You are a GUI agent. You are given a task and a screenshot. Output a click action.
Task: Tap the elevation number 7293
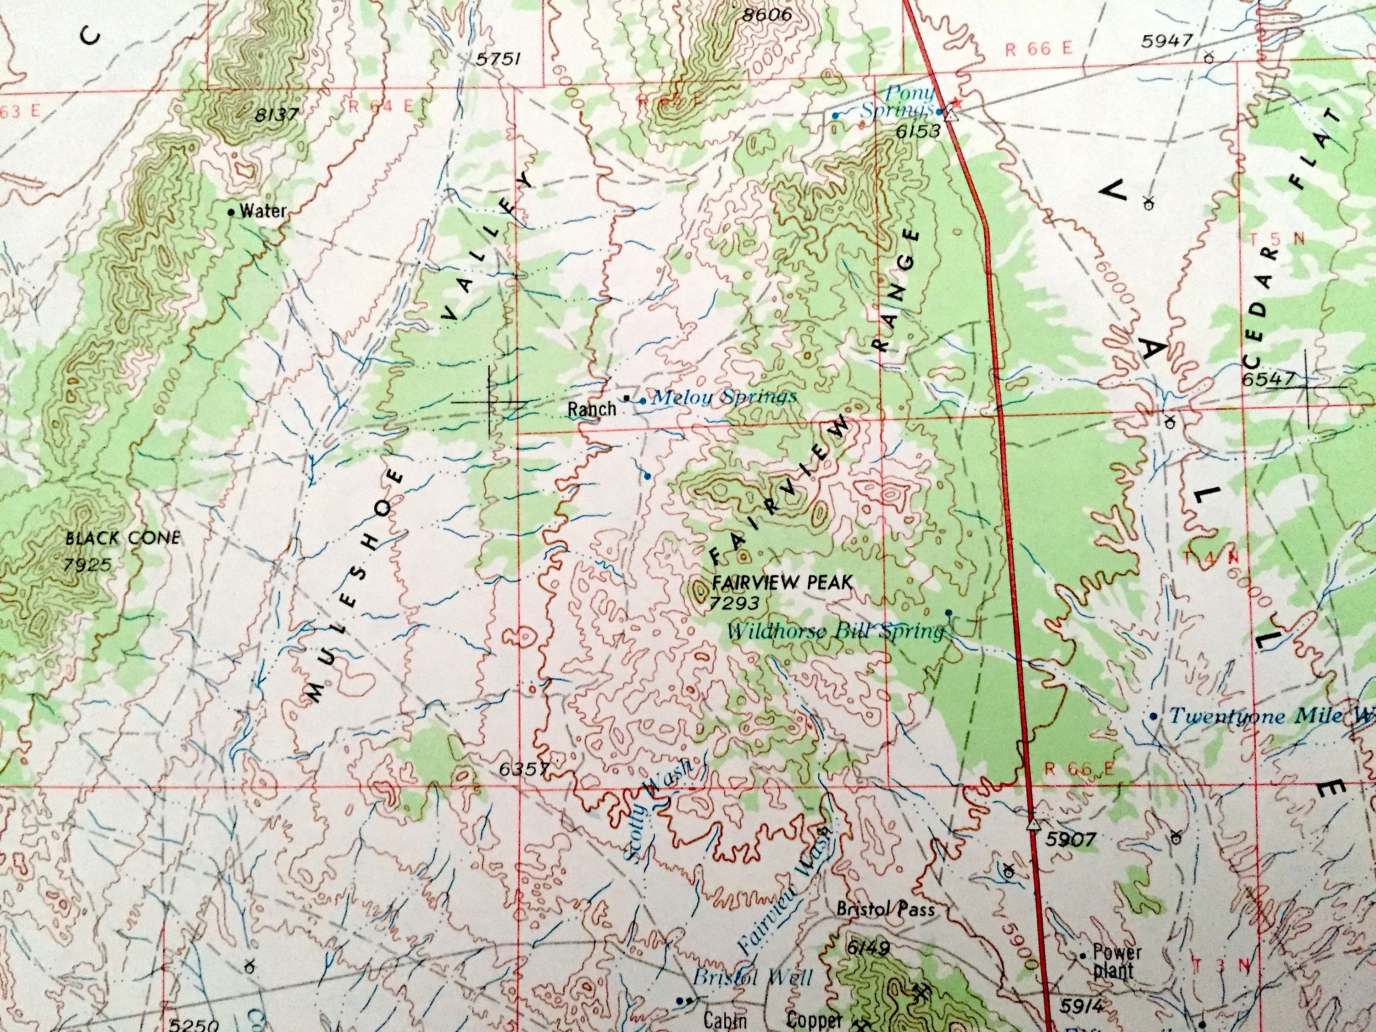pyautogui.click(x=734, y=603)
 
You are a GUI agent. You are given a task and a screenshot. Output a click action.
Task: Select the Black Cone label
pyautogui.click(x=122, y=538)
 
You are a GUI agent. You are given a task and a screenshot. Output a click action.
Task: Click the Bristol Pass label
pyautogui.click(x=885, y=910)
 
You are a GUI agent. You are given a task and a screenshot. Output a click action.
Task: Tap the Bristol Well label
pyautogui.click(x=752, y=978)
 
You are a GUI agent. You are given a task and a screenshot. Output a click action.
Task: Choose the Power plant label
pyautogui.click(x=1116, y=960)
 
